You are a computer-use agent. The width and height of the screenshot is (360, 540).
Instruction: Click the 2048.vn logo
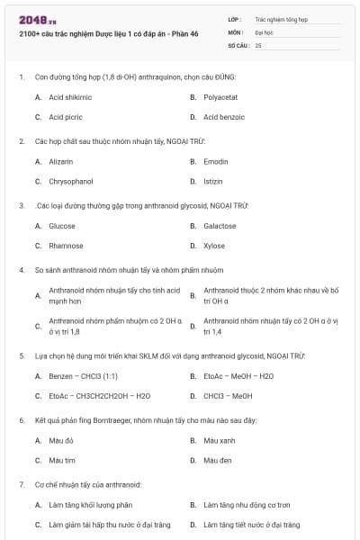click(x=31, y=19)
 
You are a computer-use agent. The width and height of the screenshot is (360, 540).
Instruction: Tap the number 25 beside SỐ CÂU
click(x=258, y=44)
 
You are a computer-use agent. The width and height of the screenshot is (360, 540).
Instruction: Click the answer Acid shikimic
click(x=70, y=96)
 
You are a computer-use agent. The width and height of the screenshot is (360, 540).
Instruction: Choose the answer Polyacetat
click(x=220, y=96)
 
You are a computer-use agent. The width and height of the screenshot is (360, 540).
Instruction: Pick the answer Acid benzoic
click(x=223, y=117)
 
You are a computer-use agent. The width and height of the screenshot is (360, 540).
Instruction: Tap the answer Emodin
click(x=215, y=161)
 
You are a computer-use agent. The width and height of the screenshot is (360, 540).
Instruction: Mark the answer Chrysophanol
click(x=71, y=181)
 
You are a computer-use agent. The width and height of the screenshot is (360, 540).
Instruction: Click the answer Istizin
click(x=213, y=181)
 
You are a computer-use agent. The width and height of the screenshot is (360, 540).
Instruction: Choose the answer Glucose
click(x=62, y=226)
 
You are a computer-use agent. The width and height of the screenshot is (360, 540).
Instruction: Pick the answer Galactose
click(x=220, y=226)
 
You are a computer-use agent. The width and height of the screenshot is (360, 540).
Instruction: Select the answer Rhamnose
click(x=66, y=246)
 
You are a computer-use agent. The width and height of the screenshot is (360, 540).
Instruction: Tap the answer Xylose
click(x=214, y=246)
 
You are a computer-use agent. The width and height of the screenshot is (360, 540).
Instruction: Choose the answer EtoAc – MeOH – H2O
click(x=238, y=375)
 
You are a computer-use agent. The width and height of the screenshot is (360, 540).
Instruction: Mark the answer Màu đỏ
click(x=61, y=440)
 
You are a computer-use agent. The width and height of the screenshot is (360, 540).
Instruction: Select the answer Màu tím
click(x=61, y=460)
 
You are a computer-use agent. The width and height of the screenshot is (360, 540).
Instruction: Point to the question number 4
click(x=21, y=269)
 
